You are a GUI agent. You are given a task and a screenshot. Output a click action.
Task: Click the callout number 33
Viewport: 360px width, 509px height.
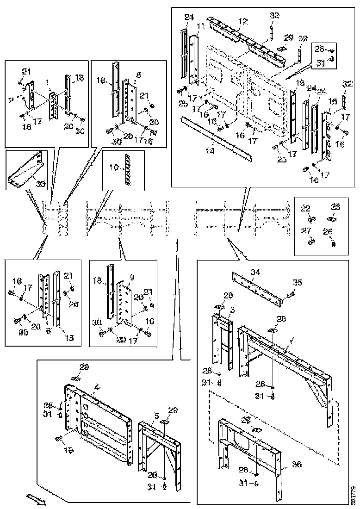coord(41,184)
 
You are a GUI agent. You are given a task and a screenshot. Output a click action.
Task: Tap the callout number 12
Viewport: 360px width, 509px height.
coord(243,22)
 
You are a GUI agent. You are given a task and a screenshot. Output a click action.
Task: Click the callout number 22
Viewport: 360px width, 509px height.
coord(306,209)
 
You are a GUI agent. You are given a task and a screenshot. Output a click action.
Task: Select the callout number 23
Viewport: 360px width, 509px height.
coord(335,207)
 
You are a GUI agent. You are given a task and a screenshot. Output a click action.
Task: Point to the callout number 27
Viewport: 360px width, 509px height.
coord(306,230)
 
